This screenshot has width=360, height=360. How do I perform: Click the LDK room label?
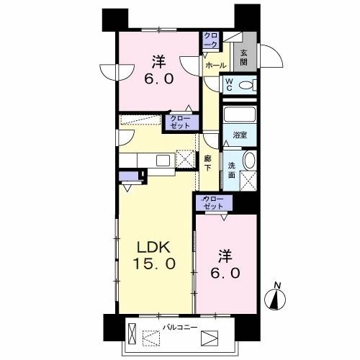click(x=153, y=245)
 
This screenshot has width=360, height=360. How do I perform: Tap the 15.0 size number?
click(x=153, y=264)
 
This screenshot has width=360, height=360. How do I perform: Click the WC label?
click(x=228, y=86)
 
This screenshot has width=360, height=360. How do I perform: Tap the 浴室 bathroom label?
click(x=239, y=134)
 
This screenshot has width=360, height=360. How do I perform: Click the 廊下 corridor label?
click(x=208, y=162)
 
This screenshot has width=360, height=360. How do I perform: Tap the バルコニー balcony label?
click(x=176, y=326)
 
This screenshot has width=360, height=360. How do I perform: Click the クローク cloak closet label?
click(x=210, y=39)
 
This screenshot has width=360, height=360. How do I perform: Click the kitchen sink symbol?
click(x=161, y=159)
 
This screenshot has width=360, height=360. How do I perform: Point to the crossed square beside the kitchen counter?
click(x=186, y=159)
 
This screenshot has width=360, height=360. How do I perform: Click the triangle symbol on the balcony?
click(x=209, y=337)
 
